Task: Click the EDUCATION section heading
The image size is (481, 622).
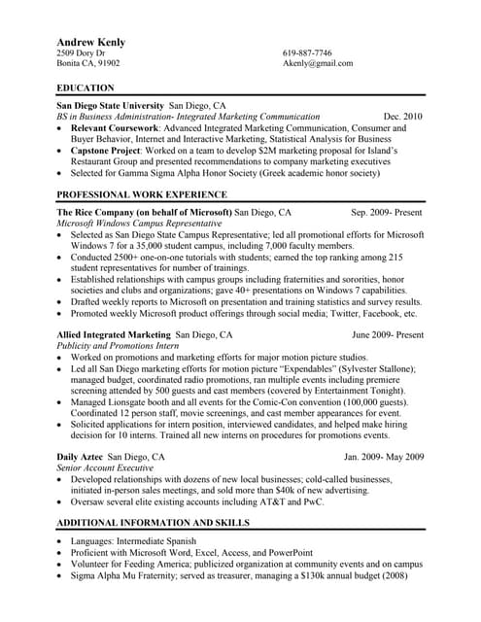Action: point(86,87)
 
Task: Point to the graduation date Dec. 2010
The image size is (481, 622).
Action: point(403,116)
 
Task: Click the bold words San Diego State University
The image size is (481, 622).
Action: point(111,105)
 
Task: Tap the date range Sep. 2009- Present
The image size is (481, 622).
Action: point(387,212)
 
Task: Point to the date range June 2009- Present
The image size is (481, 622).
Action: point(388,334)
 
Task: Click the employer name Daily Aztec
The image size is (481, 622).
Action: point(81,457)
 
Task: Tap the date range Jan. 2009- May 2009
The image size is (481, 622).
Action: point(384,457)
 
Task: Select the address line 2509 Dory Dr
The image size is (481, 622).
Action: point(86,53)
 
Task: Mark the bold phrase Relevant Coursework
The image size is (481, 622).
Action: point(115,127)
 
